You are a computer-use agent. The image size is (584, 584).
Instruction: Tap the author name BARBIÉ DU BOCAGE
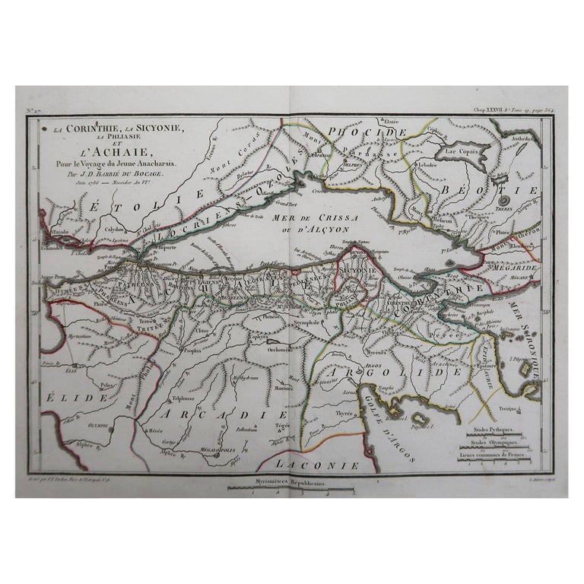click(133, 173)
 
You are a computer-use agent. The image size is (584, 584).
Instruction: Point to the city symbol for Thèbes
click(503, 199)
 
